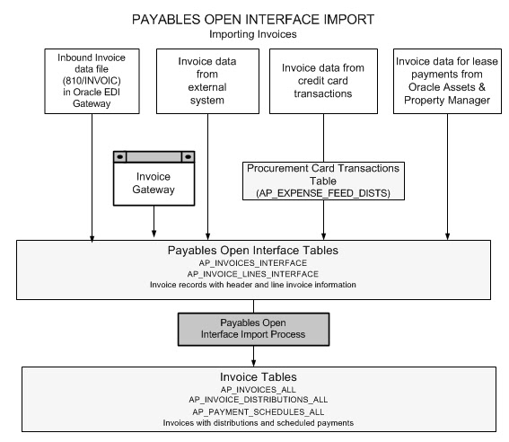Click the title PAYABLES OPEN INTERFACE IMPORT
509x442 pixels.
tap(254, 19)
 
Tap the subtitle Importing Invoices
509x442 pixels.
tap(254, 34)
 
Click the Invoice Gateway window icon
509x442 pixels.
tap(153, 176)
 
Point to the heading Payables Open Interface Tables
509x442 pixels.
tap(254, 250)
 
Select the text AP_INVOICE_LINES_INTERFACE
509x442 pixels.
tap(254, 273)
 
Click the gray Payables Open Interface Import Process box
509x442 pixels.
tap(254, 328)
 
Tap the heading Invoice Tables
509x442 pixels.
tap(254, 377)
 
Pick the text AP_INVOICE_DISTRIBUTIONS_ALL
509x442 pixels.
tap(254, 401)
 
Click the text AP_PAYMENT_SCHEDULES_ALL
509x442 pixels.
tap(254, 411)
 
